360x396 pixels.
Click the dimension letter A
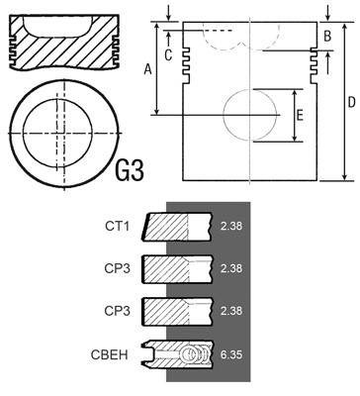148,69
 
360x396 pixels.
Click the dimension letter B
327,36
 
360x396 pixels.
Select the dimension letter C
168,55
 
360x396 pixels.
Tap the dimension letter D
351,102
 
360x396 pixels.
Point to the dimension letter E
300,116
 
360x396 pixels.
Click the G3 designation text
130,170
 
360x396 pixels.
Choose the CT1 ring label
118,226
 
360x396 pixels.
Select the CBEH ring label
109,354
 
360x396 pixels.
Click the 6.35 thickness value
231,354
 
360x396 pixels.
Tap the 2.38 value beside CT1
231,226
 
